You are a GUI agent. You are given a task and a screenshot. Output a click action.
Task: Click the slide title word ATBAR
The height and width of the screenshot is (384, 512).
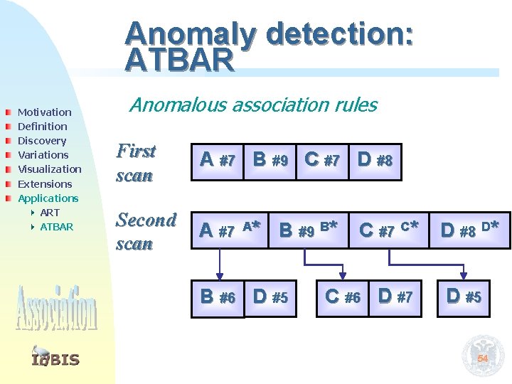(179, 60)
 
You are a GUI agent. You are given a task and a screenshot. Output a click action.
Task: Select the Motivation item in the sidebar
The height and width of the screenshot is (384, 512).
(44, 112)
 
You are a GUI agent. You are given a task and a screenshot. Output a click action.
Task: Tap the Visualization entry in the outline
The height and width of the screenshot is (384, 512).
(49, 169)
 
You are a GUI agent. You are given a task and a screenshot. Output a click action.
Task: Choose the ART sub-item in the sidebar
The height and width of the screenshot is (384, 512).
(50, 213)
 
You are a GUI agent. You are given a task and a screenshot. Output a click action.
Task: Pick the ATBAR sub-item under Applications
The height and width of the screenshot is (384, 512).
(56, 227)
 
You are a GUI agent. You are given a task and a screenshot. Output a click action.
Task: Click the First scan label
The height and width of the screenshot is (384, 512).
(136, 163)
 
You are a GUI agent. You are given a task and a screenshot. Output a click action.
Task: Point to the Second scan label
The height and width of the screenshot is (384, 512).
(146, 231)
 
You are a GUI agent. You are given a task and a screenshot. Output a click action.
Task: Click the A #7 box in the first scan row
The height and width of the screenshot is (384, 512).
(218, 160)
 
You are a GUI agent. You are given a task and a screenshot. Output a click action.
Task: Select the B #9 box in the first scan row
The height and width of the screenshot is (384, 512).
(270, 160)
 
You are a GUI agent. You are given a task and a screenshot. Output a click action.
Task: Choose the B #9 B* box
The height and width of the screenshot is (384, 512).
(308, 230)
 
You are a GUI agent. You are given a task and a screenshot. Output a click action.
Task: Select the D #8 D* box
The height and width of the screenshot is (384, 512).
(469, 230)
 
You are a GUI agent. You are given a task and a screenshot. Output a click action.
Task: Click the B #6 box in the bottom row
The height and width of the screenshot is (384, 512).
(218, 297)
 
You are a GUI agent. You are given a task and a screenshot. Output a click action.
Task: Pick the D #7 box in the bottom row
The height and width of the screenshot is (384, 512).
(395, 297)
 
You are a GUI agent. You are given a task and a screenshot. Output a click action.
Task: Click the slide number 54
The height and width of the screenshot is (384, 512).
(482, 359)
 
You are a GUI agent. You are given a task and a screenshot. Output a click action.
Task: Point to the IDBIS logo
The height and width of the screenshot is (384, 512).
(55, 358)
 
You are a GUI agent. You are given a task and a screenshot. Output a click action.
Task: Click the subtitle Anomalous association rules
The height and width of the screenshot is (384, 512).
(252, 105)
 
